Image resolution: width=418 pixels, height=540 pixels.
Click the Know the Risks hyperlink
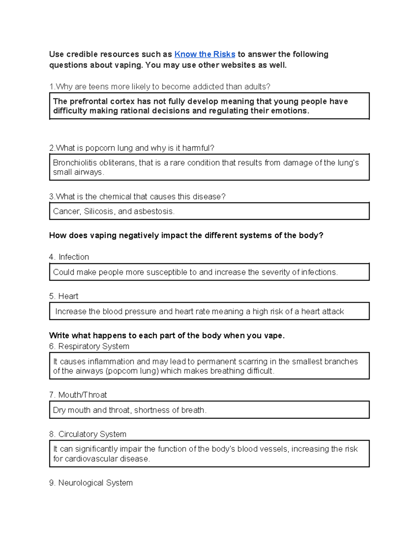[x=204, y=54]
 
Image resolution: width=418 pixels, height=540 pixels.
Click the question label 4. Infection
[x=69, y=257]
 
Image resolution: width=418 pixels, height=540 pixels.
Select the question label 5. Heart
[x=64, y=296]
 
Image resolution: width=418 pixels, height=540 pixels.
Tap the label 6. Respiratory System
[x=89, y=346]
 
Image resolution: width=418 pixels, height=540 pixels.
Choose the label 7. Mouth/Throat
[x=78, y=395]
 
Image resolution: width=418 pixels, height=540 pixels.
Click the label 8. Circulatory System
[x=88, y=434]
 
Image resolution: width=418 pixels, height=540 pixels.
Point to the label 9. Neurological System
[x=91, y=483]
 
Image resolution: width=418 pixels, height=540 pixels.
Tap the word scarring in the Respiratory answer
[x=253, y=362]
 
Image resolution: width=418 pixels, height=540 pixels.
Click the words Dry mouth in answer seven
[x=71, y=410]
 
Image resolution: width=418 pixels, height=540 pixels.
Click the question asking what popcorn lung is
[x=132, y=148]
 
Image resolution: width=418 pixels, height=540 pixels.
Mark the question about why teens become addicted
[x=160, y=87]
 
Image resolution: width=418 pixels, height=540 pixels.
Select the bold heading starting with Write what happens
[x=167, y=336]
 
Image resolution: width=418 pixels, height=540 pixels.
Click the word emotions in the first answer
[x=292, y=111]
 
